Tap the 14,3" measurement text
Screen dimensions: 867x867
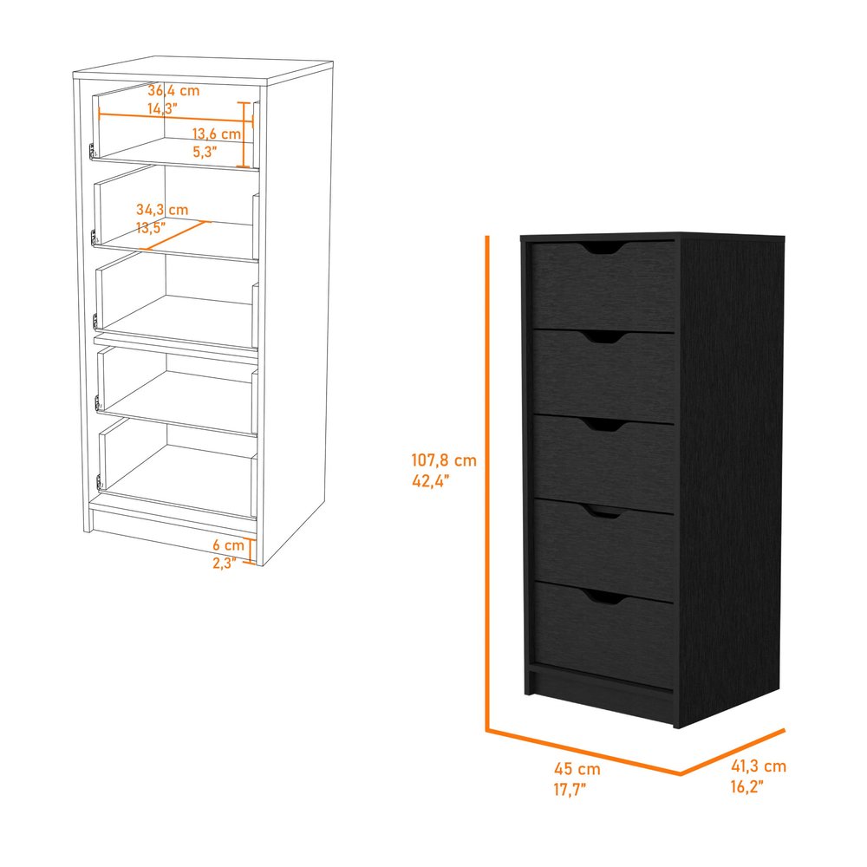pos(162,108)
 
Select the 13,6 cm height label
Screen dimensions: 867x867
pos(217,134)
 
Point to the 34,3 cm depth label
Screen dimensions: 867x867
pos(162,210)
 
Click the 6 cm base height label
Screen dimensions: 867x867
pos(228,545)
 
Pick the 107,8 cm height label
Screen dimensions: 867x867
pos(444,460)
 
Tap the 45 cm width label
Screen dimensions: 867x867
pos(577,768)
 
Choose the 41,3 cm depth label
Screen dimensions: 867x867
pos(758,766)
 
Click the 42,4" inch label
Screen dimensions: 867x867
pos(433,483)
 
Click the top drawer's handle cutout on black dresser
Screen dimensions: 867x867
pos(603,249)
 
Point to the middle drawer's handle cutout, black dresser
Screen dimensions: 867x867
pos(603,425)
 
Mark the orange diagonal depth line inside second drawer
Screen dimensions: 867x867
pos(174,234)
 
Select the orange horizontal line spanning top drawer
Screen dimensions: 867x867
pos(169,117)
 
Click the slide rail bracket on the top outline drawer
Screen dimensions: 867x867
pos(91,152)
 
